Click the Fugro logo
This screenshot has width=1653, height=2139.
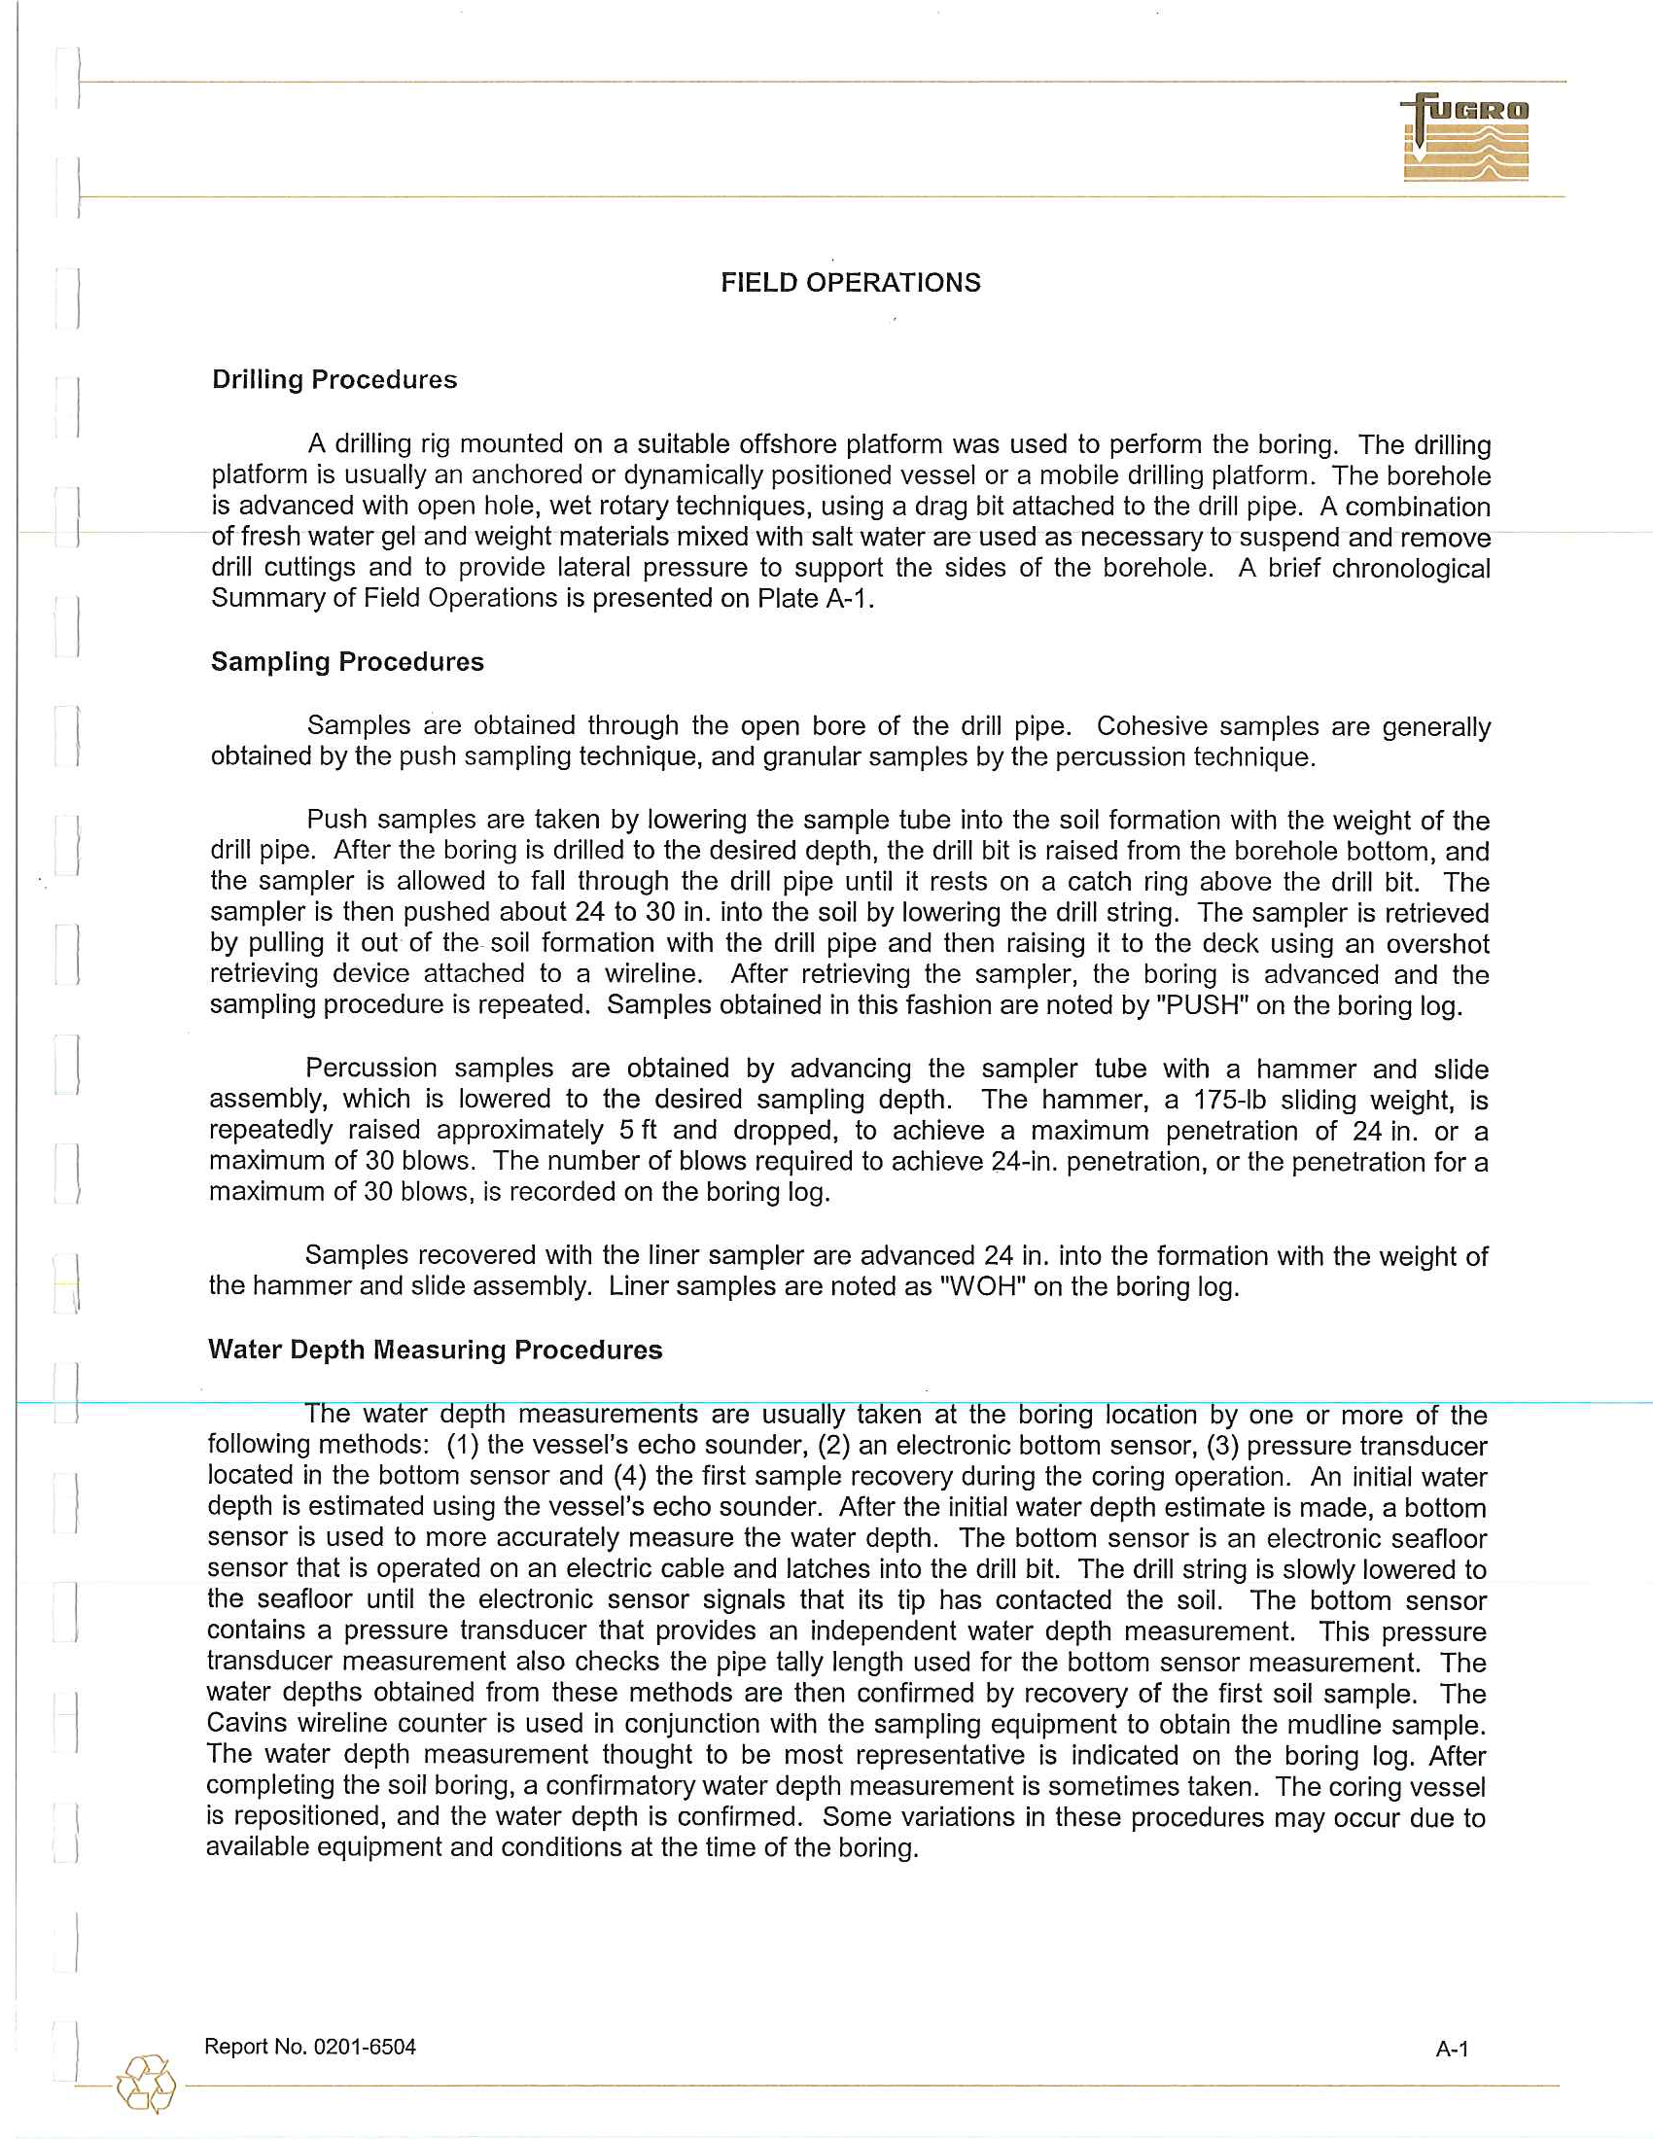click(1465, 137)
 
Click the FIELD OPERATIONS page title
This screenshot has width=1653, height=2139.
click(850, 283)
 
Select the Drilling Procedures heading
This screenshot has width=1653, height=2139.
click(334, 380)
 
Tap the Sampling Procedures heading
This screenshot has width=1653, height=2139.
click(348, 662)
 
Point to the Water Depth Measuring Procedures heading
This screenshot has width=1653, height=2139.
click(435, 1350)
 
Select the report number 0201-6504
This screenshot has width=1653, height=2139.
click(364, 2047)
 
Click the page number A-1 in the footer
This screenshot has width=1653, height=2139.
click(1452, 2049)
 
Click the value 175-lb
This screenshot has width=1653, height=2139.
click(1228, 1100)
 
